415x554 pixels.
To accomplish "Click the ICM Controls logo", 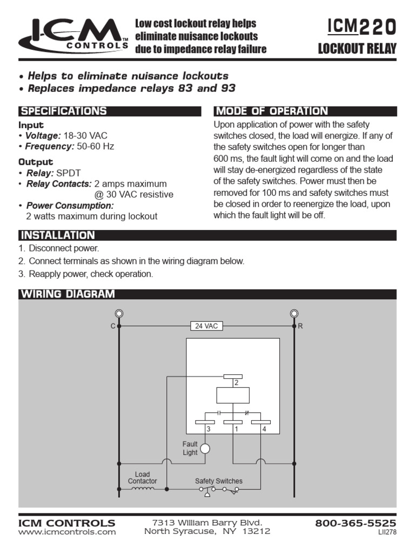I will tap(73, 36).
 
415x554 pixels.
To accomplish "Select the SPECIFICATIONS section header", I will tap(63, 111).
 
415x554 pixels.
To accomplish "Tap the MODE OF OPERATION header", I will tap(271, 111).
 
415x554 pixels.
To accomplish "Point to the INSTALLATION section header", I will tap(57, 235).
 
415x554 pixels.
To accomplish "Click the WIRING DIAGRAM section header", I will tap(68, 294).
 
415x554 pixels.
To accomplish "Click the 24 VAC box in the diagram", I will tap(206, 326).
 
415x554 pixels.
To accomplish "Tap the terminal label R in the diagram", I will tap(300, 326).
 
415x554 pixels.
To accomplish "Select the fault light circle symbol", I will tap(205, 449).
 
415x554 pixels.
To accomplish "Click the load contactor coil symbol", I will tap(143, 489).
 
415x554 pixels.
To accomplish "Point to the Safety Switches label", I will tap(218, 480).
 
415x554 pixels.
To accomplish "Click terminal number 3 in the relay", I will tap(207, 429).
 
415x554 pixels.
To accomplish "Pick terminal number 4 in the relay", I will tap(264, 429).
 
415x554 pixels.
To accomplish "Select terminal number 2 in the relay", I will tap(236, 382).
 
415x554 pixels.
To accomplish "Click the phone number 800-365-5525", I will tap(356, 523).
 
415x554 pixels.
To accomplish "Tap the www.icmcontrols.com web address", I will tap(67, 532).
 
